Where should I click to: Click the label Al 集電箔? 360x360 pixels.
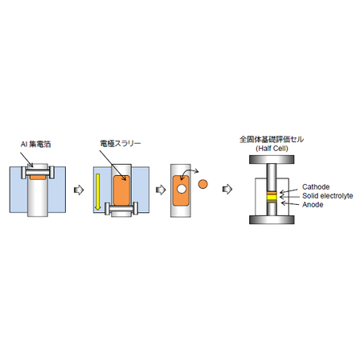(x=35, y=145)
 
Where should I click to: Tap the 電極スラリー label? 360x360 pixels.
(x=121, y=144)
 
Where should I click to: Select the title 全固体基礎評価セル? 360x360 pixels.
(x=272, y=140)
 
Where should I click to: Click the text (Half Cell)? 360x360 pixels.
(x=272, y=149)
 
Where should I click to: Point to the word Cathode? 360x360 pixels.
(x=316, y=186)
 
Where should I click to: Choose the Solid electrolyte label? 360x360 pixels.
(x=328, y=196)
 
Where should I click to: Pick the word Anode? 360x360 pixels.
(x=313, y=205)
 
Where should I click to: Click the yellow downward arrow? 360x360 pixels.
(x=98, y=192)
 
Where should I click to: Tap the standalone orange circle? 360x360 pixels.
(x=202, y=184)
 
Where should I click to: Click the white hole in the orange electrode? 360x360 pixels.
(x=182, y=189)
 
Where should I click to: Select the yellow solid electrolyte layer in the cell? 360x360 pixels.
(x=272, y=198)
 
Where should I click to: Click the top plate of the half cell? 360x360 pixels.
(x=272, y=160)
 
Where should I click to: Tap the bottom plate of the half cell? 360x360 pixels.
(x=272, y=219)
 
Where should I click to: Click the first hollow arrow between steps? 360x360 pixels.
(x=79, y=190)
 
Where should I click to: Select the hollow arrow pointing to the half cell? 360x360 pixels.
(x=227, y=189)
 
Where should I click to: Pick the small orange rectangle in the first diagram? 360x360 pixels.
(x=38, y=178)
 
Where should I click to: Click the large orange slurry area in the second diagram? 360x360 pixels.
(x=122, y=190)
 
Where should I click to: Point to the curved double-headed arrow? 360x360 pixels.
(x=188, y=173)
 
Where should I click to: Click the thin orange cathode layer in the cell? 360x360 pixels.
(x=272, y=193)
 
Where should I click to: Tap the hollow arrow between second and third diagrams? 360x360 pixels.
(x=161, y=190)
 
